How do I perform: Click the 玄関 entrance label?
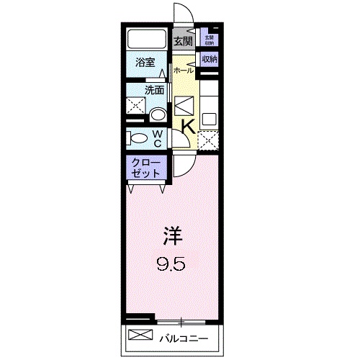(183, 41)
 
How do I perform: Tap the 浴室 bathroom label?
(145, 62)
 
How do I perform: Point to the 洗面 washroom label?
(154, 91)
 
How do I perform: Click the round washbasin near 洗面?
(158, 114)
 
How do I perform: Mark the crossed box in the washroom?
(135, 106)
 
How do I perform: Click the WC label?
(157, 137)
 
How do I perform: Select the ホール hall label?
(183, 71)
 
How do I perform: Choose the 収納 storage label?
(209, 59)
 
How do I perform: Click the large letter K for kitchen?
(186, 126)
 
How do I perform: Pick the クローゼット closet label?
(146, 169)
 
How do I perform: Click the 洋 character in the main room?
(171, 235)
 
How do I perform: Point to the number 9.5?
(172, 264)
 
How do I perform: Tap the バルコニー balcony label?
(184, 337)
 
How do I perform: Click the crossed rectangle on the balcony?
(141, 336)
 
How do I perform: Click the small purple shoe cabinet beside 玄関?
(209, 39)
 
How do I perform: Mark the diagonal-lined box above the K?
(184, 105)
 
